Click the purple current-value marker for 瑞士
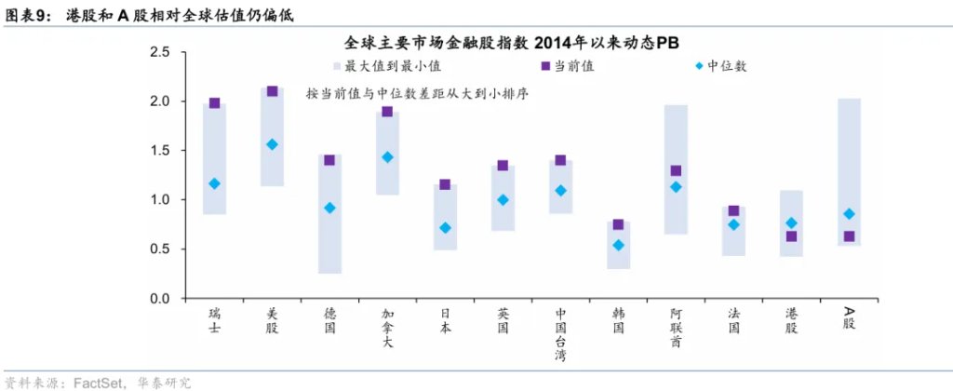215,103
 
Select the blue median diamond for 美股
273,144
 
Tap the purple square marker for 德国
329,160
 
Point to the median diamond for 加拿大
387,157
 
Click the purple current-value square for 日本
445,184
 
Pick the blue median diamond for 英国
503,199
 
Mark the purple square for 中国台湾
560,160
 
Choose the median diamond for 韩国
618,246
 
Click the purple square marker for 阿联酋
676,171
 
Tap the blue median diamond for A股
849,214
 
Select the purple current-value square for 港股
791,236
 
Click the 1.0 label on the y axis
160,200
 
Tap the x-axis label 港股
791,321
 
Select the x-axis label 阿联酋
676,328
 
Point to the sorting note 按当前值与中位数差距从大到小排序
417,95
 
